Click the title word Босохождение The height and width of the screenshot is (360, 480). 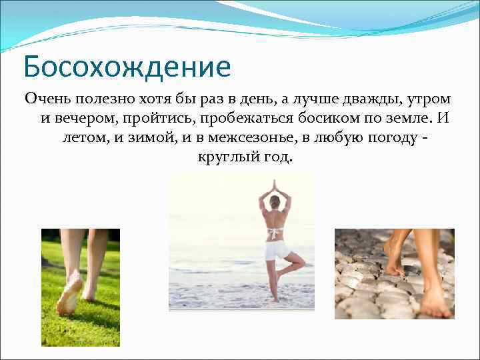127,67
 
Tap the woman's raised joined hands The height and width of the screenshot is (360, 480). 275,184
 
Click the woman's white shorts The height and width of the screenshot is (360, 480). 276,250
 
